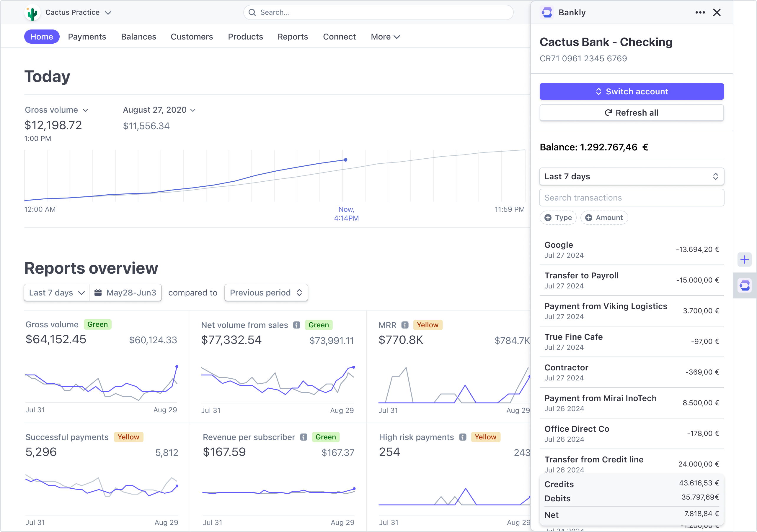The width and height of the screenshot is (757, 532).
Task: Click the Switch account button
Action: pyautogui.click(x=632, y=92)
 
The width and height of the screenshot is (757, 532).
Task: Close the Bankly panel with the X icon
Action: pyautogui.click(x=717, y=12)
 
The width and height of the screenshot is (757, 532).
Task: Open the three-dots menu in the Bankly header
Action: pyautogui.click(x=700, y=12)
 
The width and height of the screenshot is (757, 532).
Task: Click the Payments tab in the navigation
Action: pyautogui.click(x=87, y=37)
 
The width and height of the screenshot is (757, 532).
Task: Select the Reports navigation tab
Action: pyautogui.click(x=293, y=37)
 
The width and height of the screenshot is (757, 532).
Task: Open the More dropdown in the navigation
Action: pyautogui.click(x=385, y=37)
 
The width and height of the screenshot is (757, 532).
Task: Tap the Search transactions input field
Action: pyautogui.click(x=632, y=198)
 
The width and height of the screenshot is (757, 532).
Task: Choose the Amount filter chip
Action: pyautogui.click(x=604, y=218)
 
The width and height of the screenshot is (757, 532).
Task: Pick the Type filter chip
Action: pyautogui.click(x=558, y=218)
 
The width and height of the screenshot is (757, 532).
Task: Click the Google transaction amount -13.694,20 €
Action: pyautogui.click(x=697, y=249)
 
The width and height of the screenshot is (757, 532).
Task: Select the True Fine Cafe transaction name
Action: pyautogui.click(x=573, y=337)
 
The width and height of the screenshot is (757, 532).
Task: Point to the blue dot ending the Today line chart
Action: pyautogui.click(x=345, y=160)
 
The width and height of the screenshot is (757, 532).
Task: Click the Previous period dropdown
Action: pyautogui.click(x=266, y=293)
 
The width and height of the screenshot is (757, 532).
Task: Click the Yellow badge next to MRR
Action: pyautogui.click(x=428, y=325)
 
